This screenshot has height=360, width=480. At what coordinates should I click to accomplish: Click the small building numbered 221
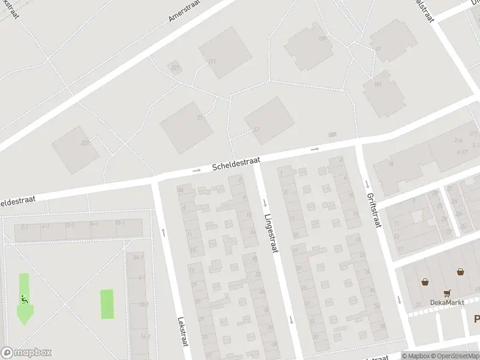[175, 67]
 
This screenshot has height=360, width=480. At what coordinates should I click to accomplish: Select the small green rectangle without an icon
[106, 304]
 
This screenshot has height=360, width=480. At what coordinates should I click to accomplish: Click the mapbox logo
[26, 352]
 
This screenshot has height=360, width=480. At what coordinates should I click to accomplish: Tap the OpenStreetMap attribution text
[454, 356]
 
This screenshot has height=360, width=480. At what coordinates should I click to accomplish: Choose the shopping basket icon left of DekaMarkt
[425, 281]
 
